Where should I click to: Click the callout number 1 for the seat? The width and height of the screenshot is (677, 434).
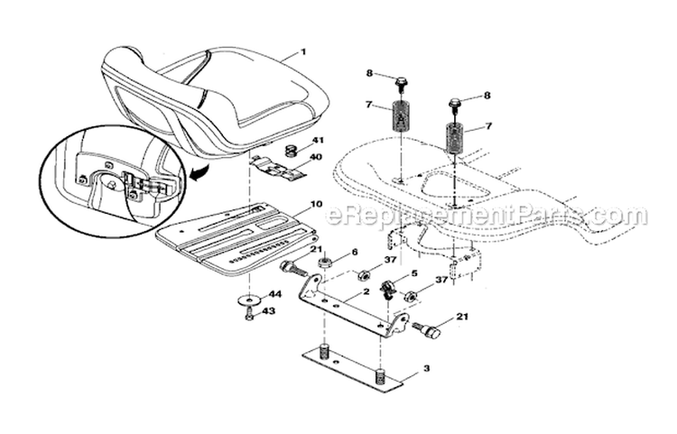point(303,51)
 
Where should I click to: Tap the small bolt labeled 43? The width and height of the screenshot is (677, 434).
point(249,314)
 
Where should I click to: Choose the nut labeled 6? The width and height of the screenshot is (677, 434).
point(324,265)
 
